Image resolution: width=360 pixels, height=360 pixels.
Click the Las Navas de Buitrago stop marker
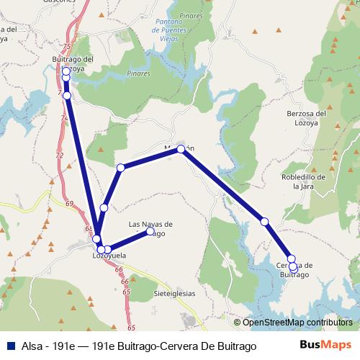coord(150,231)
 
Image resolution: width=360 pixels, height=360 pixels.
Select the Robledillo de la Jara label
coord(305,181)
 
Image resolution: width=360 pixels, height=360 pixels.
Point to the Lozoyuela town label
coord(109,256)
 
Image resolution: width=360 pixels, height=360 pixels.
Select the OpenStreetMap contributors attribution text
coord(297,322)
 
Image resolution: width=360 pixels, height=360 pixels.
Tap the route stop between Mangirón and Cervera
coord(265,221)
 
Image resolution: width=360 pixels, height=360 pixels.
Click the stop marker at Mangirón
coord(181,149)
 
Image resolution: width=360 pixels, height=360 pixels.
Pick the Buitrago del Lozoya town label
coord(73,64)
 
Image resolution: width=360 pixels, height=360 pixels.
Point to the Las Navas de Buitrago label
coord(150,228)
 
